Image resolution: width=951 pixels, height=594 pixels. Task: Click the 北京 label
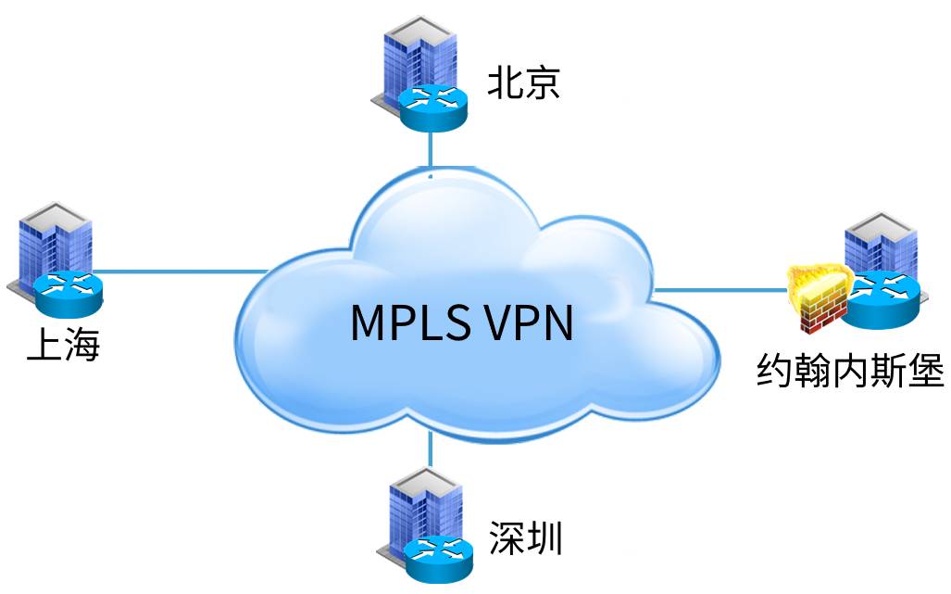pyautogui.click(x=525, y=85)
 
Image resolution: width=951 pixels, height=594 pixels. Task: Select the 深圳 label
pyautogui.click(x=525, y=537)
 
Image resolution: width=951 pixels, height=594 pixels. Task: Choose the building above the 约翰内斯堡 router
pyautogui.click(x=879, y=243)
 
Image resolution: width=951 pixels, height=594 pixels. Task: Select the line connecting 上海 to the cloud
pyautogui.click(x=176, y=272)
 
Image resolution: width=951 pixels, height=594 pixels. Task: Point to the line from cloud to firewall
pyautogui.click(x=722, y=289)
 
